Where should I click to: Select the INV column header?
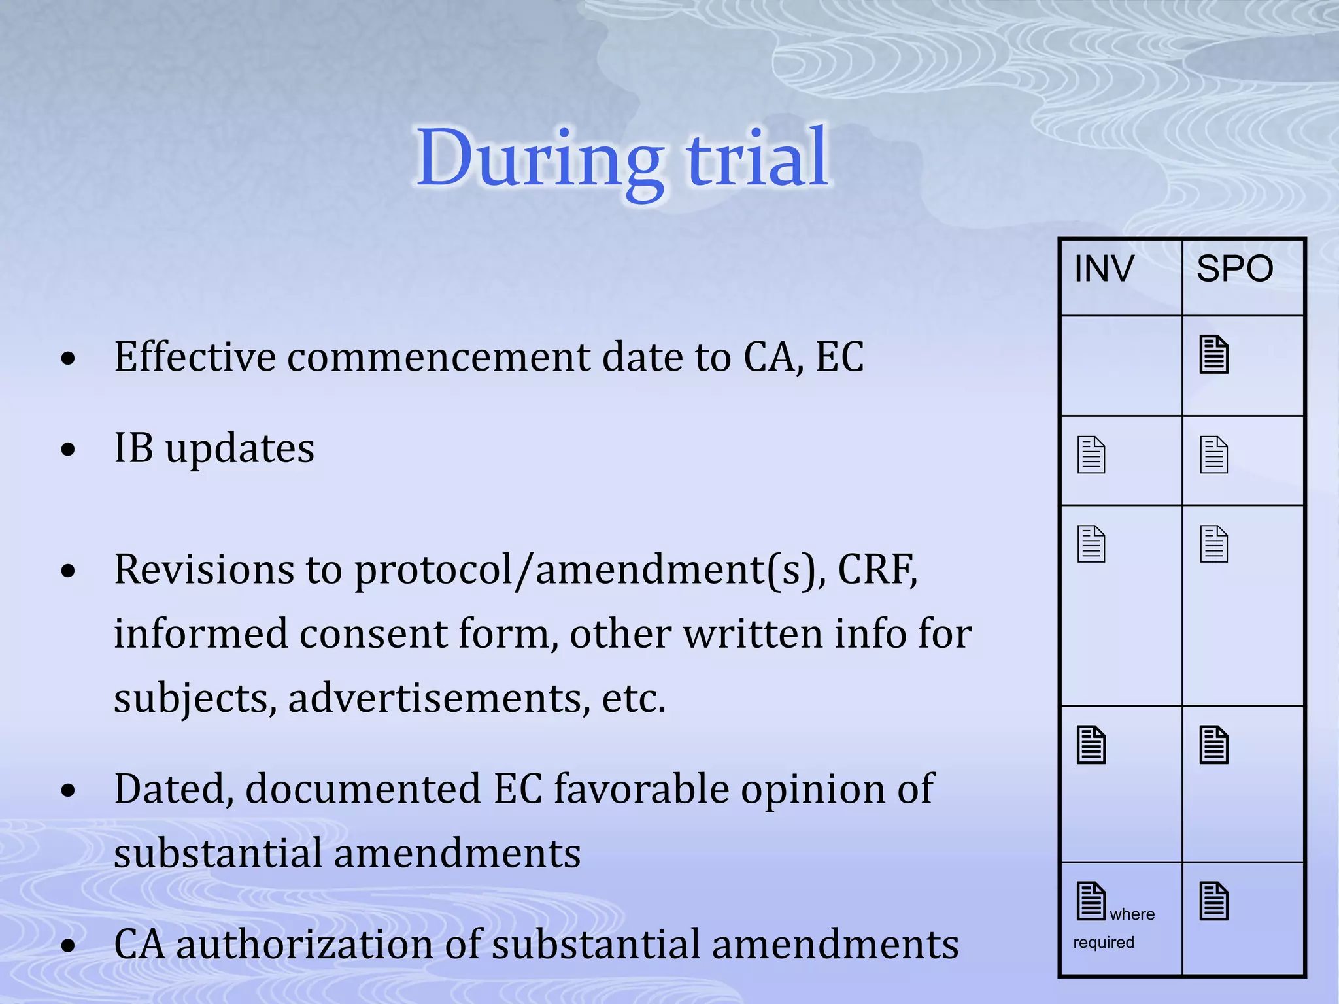[1104, 269]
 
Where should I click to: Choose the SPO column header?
[1234, 269]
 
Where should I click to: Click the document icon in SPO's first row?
[1213, 355]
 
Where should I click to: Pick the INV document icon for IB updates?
[1091, 455]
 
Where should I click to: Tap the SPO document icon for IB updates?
[1213, 455]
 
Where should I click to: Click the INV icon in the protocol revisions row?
[1091, 544]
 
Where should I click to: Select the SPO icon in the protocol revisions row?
[1213, 544]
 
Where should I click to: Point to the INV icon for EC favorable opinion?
[1091, 745]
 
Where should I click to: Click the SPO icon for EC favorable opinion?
[1213, 745]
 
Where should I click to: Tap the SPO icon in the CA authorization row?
[1213, 901]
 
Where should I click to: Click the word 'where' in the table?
[1132, 914]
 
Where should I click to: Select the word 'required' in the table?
[1103, 943]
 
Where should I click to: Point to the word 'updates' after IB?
[239, 450]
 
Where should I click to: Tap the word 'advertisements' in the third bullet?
[435, 698]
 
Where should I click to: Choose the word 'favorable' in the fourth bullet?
[641, 789]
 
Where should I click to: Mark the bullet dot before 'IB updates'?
[68, 450]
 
